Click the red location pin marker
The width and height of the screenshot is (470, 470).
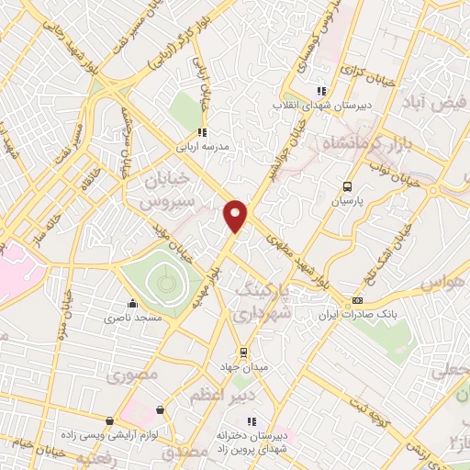coord(237,215)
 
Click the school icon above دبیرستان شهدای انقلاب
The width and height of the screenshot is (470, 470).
coord(320,91)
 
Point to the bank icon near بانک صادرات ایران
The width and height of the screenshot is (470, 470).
coord(357,300)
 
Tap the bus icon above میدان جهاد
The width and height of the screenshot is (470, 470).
coord(242,352)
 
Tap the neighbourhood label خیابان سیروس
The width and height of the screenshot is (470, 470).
coord(167,188)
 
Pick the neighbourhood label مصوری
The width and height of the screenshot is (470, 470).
coord(133,375)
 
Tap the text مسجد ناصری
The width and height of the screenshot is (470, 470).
coord(138,317)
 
